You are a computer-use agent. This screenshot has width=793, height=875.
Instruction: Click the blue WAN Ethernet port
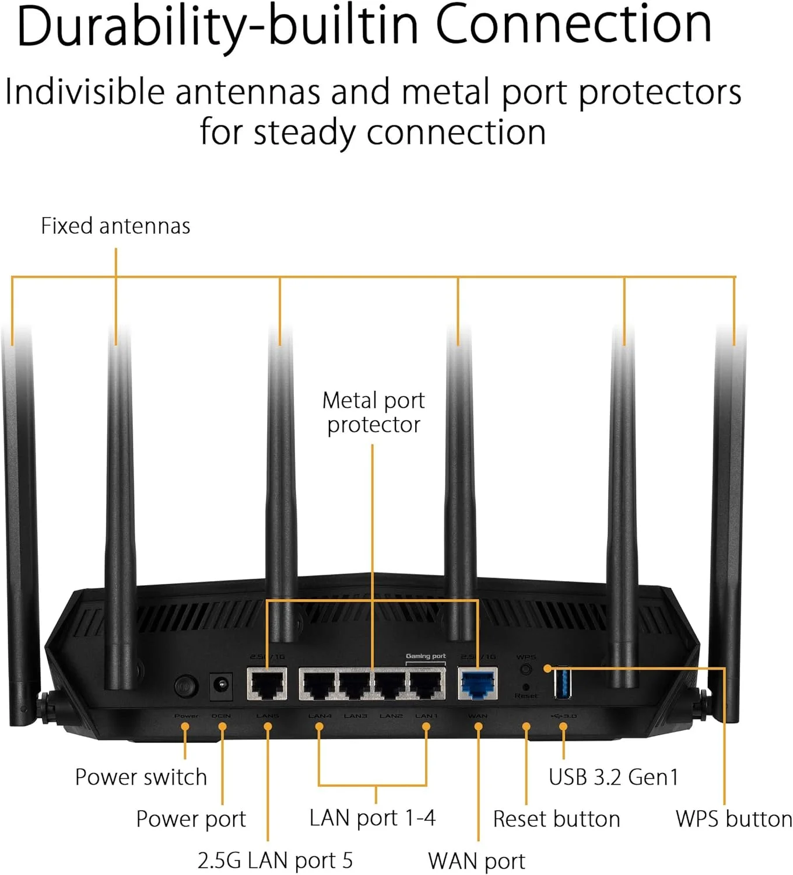[478, 684]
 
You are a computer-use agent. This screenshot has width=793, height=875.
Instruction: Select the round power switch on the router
[186, 686]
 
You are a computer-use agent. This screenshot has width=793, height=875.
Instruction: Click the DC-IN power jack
[221, 685]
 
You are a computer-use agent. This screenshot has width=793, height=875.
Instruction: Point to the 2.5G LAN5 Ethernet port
[267, 684]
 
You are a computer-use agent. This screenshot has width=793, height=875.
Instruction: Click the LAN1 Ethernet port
[427, 684]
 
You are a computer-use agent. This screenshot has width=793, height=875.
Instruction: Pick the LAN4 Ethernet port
[319, 684]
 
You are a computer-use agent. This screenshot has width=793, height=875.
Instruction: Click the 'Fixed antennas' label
[115, 226]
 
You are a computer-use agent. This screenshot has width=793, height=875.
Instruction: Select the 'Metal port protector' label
[373, 412]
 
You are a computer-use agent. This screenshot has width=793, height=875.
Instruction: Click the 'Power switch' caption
[141, 777]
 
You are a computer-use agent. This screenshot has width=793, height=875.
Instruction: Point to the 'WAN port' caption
[476, 861]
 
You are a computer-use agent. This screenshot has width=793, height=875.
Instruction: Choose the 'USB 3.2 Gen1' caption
[613, 777]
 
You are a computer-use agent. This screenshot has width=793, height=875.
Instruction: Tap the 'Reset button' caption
[556, 819]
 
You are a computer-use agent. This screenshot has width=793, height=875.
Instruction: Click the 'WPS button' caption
[734, 819]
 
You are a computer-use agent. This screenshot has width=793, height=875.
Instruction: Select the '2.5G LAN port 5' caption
[275, 860]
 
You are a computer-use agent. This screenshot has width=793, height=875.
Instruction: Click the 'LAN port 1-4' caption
[372, 818]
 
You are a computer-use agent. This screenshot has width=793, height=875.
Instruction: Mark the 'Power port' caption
[191, 819]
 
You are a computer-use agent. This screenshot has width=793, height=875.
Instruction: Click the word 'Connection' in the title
[573, 24]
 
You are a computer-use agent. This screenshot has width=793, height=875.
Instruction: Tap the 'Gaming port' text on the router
[426, 656]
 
